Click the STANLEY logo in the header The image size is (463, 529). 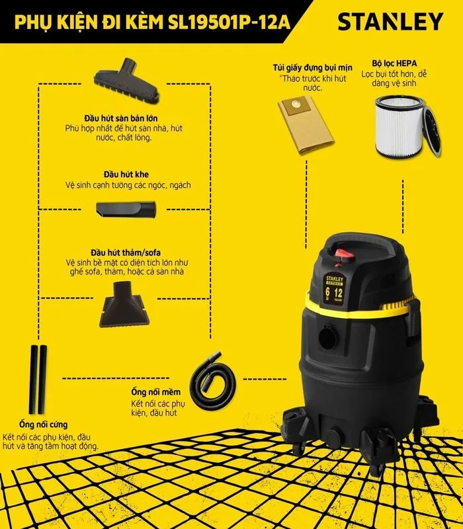pos(390,22)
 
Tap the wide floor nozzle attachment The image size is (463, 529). pos(127,80)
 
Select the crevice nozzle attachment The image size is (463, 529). pos(126,210)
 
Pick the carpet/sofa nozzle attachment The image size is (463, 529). pos(122,304)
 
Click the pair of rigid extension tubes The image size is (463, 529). pos(38,379)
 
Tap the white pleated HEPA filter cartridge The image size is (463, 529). pos(400,127)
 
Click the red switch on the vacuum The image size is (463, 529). pos(344,254)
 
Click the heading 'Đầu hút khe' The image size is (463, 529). pos(126,175)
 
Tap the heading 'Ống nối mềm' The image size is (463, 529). pos(156,392)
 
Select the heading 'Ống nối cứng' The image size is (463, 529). pos(43,425)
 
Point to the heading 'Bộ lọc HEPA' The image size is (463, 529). pos(394,63)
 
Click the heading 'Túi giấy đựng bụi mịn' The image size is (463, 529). pos(312,68)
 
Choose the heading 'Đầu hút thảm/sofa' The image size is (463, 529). pos(126,253)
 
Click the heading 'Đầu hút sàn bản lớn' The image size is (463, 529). pos(121,118)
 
